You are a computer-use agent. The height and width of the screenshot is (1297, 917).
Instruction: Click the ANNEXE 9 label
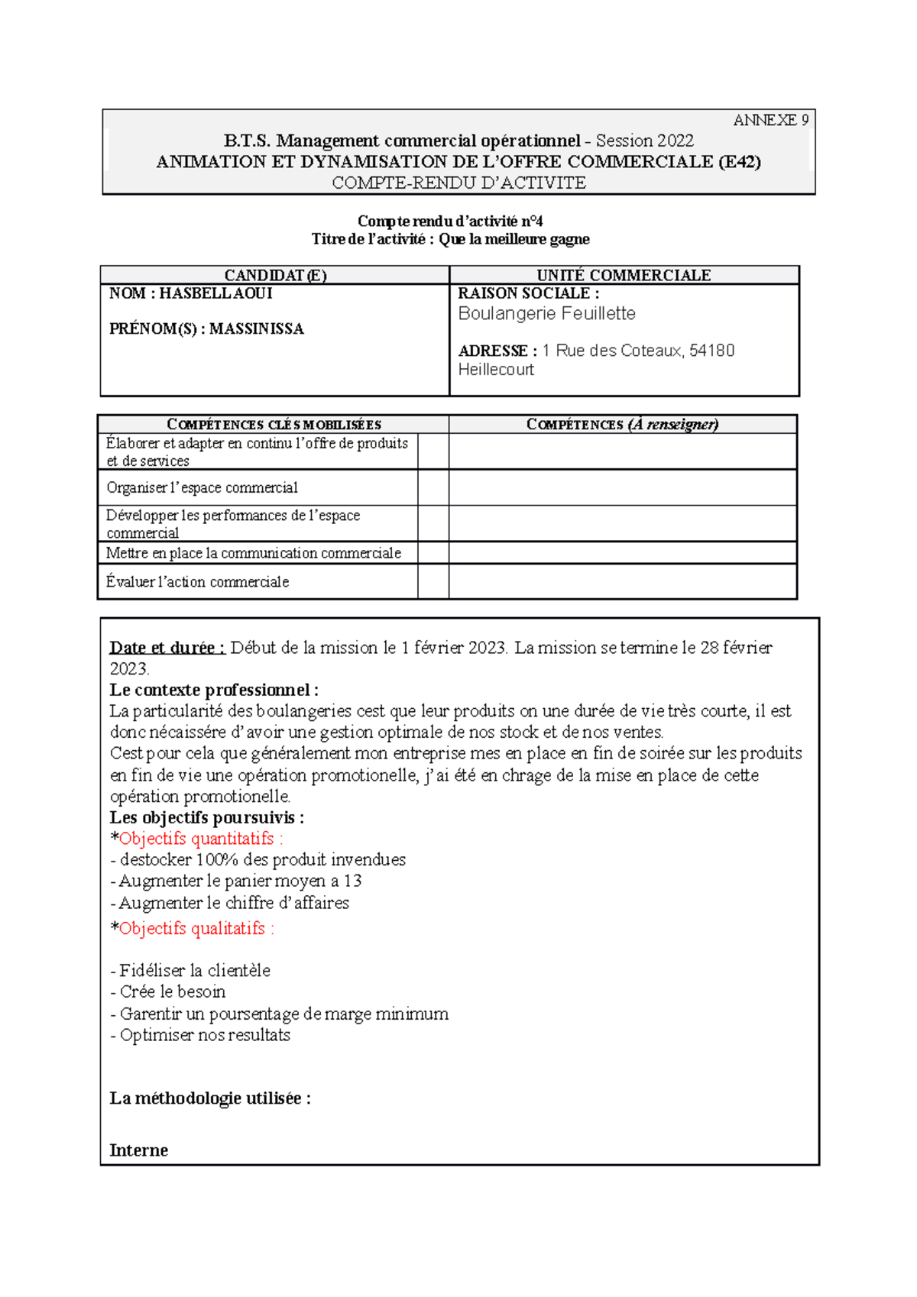(770, 121)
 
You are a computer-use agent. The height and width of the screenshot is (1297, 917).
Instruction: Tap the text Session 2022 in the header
(644, 141)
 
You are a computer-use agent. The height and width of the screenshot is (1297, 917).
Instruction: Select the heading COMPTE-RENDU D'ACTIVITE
(458, 183)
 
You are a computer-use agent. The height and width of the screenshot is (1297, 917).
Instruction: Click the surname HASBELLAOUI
(215, 293)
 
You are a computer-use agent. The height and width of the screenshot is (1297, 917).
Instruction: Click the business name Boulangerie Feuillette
(546, 314)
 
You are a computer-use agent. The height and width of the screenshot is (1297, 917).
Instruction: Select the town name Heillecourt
(495, 370)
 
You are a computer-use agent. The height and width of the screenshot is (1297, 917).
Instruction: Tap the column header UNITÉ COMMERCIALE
(624, 275)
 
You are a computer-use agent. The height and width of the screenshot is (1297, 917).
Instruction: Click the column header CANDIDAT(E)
(275, 275)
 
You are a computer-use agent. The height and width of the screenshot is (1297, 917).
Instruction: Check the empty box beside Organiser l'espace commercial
(433, 487)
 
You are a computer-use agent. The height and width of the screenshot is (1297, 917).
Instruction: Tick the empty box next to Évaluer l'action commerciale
(433, 581)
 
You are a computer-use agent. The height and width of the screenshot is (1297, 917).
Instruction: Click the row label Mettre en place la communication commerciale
(253, 553)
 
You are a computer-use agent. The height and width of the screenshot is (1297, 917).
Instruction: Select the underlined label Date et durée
(167, 648)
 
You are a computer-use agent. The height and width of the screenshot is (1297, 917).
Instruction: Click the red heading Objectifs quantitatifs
(200, 839)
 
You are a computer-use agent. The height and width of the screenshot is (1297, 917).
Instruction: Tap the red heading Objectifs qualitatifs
(196, 929)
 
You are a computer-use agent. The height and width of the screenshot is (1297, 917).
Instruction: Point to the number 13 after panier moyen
(352, 881)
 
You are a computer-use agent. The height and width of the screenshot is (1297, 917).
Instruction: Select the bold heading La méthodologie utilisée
(209, 1098)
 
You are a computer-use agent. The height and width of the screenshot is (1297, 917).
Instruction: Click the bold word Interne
(138, 1150)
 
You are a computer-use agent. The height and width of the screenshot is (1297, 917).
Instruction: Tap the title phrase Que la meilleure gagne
(514, 239)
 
